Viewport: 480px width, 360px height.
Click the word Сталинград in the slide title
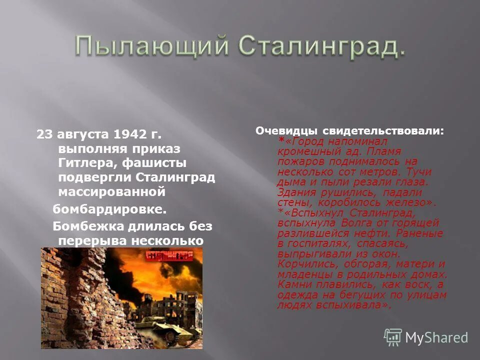tap(320, 46)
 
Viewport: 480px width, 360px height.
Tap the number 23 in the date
tap(43, 135)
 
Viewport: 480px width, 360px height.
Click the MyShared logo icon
tap(393, 337)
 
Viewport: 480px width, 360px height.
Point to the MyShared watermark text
tap(437, 338)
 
